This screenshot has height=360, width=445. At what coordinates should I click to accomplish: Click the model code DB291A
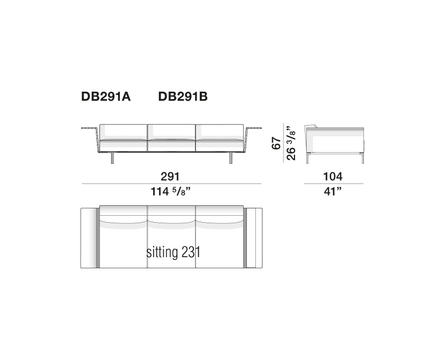[x=106, y=97]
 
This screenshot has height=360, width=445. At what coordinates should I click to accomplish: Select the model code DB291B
[x=183, y=97]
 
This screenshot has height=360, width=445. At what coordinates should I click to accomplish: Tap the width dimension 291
[x=172, y=177]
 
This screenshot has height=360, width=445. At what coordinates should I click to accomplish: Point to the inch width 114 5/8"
[x=172, y=191]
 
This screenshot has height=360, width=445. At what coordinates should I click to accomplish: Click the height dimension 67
[x=275, y=143]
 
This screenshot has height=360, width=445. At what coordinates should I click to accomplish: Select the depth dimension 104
[x=333, y=177]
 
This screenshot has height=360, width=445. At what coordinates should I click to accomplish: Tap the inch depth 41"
[x=333, y=191]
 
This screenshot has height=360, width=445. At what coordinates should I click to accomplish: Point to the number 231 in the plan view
[x=191, y=252]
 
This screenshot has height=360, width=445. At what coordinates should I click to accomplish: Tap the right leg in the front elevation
[x=232, y=157]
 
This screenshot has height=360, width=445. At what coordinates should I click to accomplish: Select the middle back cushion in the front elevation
[x=172, y=131]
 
